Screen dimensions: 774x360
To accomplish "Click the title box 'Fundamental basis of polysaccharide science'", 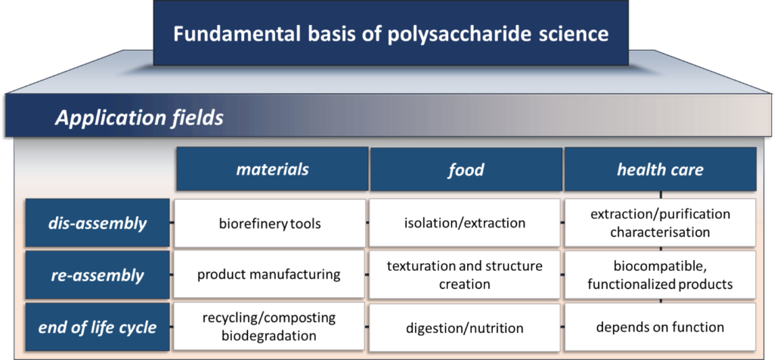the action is [x=391, y=33].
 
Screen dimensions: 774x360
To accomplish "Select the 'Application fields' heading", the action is [x=139, y=118].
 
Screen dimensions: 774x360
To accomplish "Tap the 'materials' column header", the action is [x=272, y=169].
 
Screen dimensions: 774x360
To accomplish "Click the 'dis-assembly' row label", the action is [x=98, y=222].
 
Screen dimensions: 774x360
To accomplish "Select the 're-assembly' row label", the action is [x=98, y=275].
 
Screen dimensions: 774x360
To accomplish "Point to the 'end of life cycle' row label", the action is [x=98, y=327].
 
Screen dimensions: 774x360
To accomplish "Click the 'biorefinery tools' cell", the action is [x=270, y=223].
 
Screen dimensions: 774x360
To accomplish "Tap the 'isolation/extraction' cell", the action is [x=465, y=223].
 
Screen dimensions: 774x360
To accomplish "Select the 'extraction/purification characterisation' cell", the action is [x=660, y=223].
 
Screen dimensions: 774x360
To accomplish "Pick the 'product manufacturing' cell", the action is [x=270, y=275].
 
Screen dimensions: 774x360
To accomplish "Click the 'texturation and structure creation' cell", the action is [x=465, y=275].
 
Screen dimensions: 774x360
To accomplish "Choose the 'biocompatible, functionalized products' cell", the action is [x=660, y=275].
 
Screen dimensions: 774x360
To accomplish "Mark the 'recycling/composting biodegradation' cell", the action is [x=270, y=327].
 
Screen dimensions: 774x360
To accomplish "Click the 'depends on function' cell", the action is [x=660, y=327].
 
